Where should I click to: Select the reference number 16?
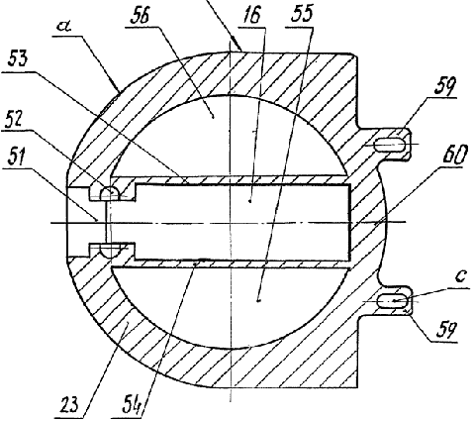[x=252, y=15]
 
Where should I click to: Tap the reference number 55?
[x=301, y=13]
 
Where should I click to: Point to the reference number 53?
[x=18, y=57]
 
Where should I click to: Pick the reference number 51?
[x=15, y=157]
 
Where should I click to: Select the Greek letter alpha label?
[x=66, y=26]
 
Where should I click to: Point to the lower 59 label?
[x=446, y=330]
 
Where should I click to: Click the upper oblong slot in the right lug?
[x=390, y=145]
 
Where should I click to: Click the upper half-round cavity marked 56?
[x=229, y=131]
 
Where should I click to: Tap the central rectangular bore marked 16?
[x=242, y=222]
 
